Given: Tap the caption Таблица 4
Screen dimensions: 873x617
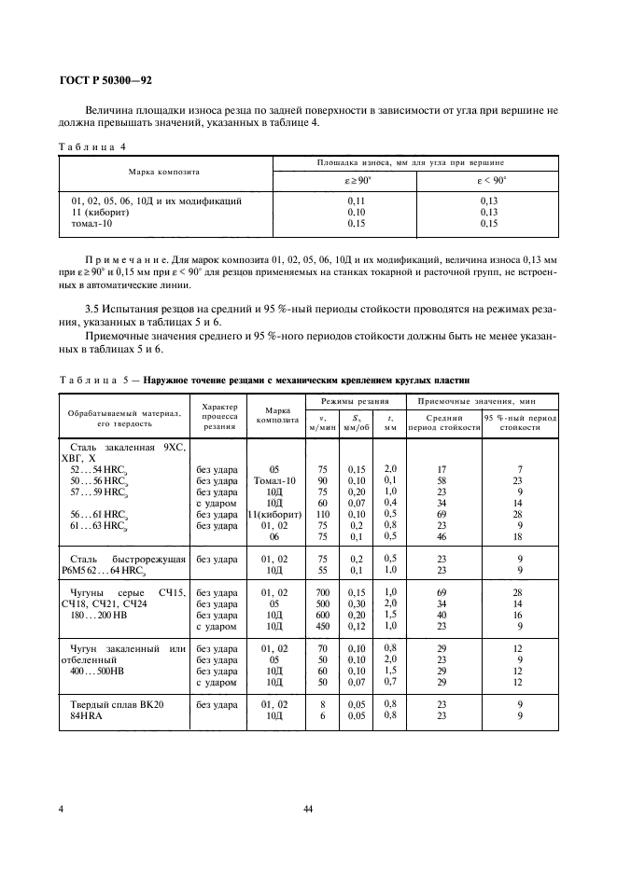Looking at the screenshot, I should tap(95, 145).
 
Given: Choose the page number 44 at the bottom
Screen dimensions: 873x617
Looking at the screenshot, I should tap(308, 810).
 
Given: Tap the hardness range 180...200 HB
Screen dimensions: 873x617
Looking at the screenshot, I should tap(105, 616).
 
